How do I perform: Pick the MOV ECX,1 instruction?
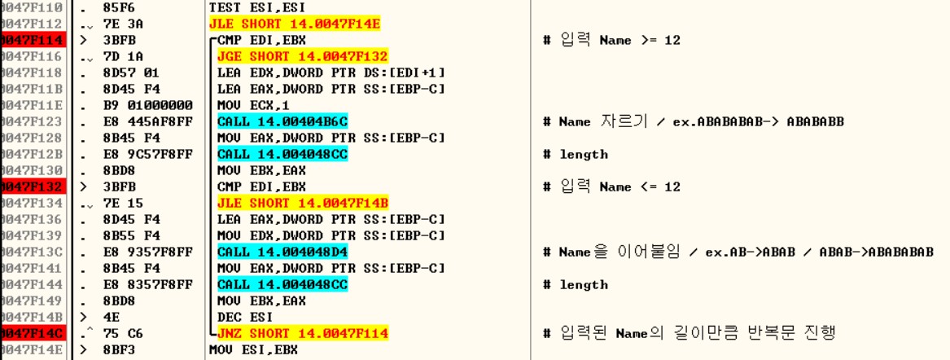point(241,105)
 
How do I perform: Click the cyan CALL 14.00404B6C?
point(282,121)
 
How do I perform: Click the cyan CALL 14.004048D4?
point(282,252)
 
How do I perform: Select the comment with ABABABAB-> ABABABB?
point(704,122)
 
